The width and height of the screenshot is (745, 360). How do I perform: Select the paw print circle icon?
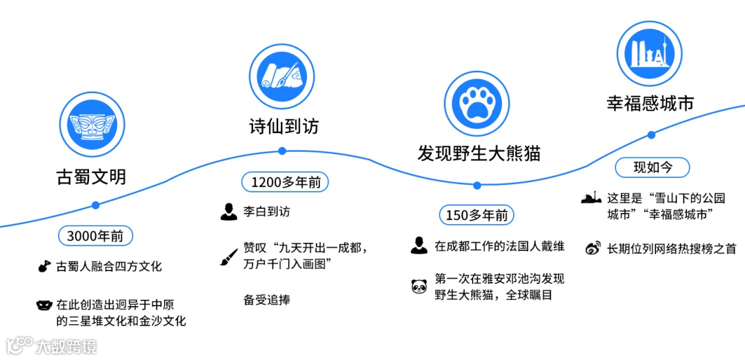476,103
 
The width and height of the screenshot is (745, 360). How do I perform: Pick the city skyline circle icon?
648,53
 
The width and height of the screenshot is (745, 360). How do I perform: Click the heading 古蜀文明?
91,177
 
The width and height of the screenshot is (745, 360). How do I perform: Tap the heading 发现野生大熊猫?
478,153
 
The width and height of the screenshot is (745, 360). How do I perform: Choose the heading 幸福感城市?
650,103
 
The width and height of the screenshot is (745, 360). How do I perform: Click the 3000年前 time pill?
95,236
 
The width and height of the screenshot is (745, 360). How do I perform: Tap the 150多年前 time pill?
477,215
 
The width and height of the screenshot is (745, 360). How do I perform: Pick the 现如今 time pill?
651,167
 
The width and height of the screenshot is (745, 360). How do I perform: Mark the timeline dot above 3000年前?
95,205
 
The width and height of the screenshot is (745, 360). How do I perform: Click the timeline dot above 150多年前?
477,185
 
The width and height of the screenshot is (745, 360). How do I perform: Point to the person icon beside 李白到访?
229,212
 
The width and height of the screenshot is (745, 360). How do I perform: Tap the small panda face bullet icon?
419,286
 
